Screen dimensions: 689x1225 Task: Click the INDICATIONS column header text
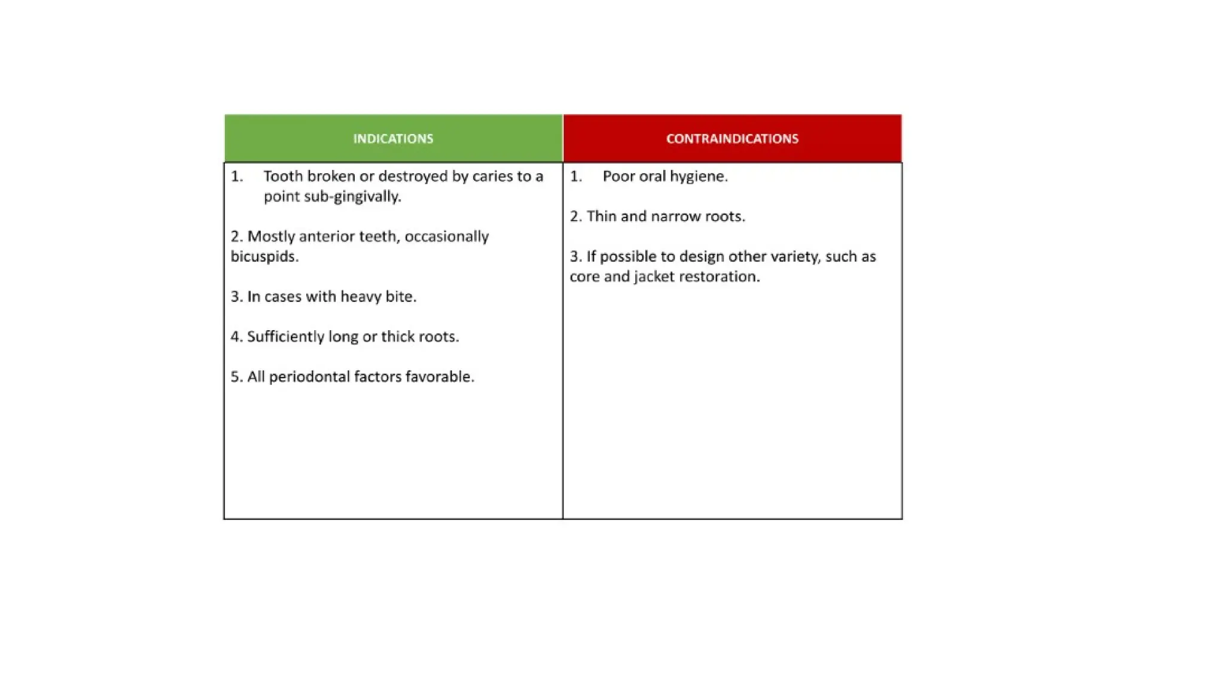click(x=393, y=139)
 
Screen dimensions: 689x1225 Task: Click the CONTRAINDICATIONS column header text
click(x=732, y=139)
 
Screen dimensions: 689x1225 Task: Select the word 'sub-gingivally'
click(x=352, y=197)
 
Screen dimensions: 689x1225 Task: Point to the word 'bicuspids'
click(x=264, y=257)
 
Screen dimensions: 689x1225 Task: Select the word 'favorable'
click(x=439, y=377)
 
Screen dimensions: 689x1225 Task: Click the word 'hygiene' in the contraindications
click(x=698, y=177)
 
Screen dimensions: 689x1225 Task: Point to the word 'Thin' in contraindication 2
click(x=601, y=217)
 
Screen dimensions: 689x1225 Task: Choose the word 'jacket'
click(x=654, y=277)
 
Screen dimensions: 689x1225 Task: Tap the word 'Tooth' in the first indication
click(x=283, y=176)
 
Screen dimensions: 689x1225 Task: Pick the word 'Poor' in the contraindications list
click(x=618, y=176)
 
